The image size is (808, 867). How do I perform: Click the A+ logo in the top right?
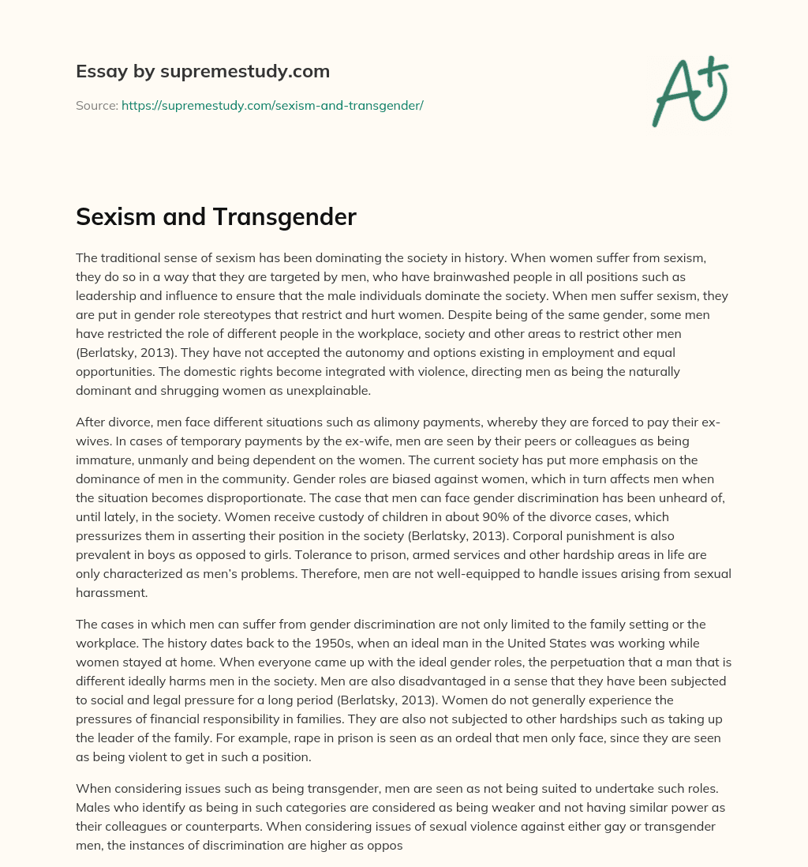tap(690, 92)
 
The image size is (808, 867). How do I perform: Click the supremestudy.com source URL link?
tap(272, 105)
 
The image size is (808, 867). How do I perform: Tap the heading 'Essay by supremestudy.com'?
tap(203, 72)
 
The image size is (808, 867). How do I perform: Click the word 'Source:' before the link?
tap(96, 105)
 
